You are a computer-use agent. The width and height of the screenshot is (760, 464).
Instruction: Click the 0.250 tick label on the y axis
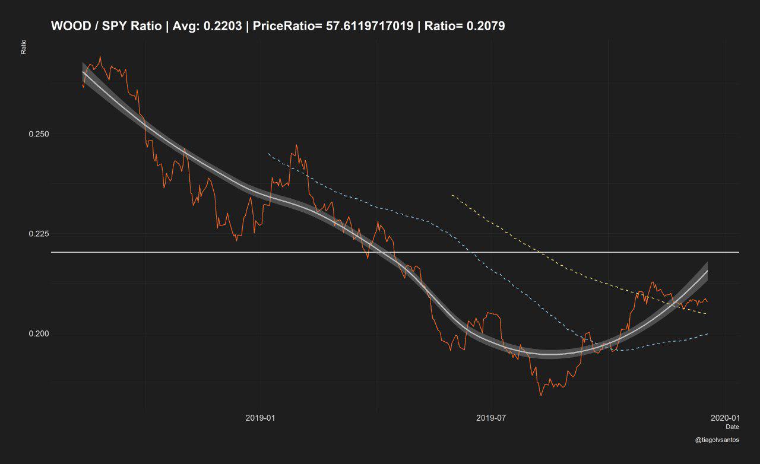pos(39,134)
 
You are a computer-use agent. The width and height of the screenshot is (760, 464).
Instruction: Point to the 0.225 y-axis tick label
pos(39,234)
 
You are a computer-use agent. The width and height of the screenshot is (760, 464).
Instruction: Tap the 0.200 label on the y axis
pos(39,333)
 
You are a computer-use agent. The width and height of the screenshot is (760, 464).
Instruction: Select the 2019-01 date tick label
pos(260,418)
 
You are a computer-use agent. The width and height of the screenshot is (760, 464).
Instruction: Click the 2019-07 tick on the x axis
pos(491,418)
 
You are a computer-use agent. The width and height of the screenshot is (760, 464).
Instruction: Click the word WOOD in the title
pos(69,26)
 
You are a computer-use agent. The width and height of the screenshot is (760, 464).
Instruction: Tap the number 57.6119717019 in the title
pos(370,26)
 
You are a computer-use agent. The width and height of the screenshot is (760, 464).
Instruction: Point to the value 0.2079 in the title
pos(485,26)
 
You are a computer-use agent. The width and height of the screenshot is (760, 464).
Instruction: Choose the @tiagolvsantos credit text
pos(717,440)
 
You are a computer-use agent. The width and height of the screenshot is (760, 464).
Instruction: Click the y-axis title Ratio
pos(23,47)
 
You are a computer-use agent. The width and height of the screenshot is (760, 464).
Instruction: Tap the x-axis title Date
pos(732,427)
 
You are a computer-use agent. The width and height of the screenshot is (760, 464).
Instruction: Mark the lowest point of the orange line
pos(541,395)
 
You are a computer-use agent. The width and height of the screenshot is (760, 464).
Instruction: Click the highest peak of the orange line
pos(100,57)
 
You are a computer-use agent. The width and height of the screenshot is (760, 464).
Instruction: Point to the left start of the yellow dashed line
pos(452,195)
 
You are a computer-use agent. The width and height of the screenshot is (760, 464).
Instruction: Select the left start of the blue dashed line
pos(268,154)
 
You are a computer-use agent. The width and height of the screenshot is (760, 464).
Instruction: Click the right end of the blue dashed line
pos(707,333)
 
